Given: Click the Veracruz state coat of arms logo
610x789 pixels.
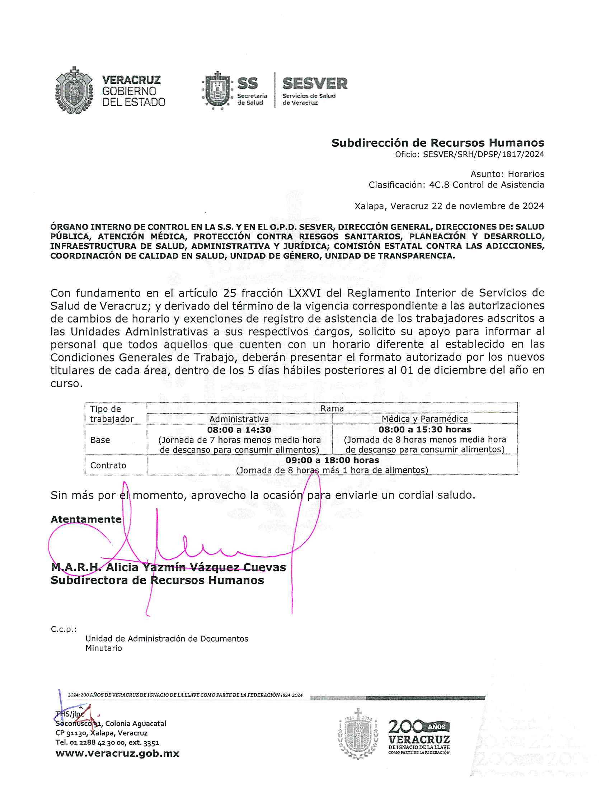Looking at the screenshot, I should click(x=74, y=90).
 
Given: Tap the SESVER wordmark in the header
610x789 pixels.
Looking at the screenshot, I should click(x=315, y=84).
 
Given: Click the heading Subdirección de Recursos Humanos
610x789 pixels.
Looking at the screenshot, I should click(x=438, y=143).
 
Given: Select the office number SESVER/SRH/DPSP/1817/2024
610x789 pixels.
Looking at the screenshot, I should click(x=483, y=155).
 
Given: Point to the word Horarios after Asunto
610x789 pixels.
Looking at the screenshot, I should click(x=526, y=174).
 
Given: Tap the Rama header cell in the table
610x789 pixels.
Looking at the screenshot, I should click(x=332, y=408).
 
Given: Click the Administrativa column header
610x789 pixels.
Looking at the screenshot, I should click(x=239, y=419).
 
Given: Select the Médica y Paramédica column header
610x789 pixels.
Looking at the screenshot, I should click(x=424, y=419).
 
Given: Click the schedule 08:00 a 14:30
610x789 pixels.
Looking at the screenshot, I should click(x=239, y=430).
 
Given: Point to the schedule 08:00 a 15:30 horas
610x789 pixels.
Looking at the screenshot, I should click(x=425, y=430).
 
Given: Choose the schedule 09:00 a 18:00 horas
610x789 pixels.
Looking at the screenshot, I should click(x=332, y=460).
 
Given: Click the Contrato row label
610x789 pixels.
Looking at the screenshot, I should click(x=108, y=465).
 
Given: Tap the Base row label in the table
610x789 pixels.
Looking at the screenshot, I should click(x=100, y=440).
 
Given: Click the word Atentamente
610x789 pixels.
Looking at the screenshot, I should click(x=86, y=520).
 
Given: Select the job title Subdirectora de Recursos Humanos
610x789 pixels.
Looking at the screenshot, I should click(x=157, y=581).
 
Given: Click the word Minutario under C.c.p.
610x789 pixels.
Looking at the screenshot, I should click(x=104, y=648).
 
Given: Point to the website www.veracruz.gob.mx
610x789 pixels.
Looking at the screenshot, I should click(x=117, y=753).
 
